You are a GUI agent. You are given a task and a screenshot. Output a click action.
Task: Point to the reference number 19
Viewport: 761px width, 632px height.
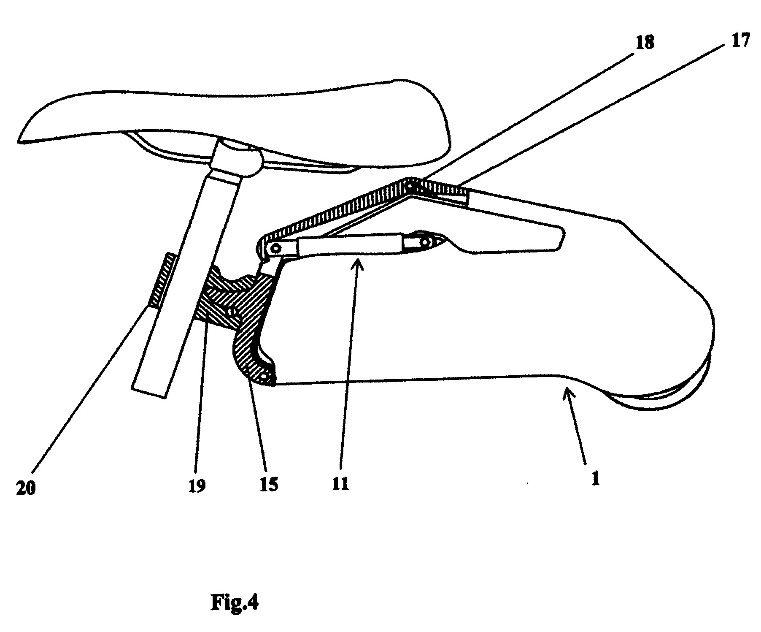click(197, 486)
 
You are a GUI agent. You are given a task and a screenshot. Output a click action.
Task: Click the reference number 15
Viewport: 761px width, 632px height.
click(268, 485)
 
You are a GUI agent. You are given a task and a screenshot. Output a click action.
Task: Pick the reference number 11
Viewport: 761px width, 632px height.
click(340, 483)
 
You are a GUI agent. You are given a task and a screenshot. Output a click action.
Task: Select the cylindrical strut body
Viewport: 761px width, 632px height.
click(351, 245)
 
